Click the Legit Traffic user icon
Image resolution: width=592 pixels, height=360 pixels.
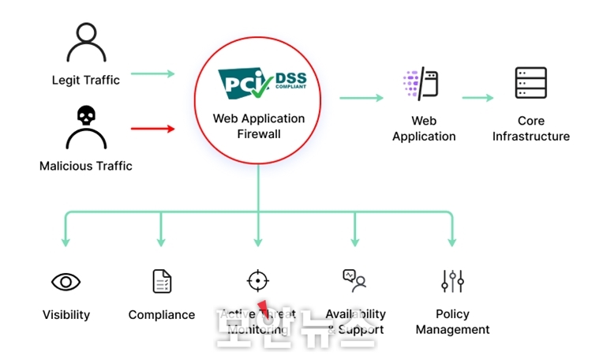86,44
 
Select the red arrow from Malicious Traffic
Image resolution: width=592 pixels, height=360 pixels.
152,128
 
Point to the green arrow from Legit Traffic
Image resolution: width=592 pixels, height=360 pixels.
152,74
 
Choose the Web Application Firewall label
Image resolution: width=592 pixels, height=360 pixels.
258,126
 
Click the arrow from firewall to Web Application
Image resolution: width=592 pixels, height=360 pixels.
362,98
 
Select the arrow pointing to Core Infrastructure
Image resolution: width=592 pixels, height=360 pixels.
478,98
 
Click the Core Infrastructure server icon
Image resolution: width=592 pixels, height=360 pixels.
531,83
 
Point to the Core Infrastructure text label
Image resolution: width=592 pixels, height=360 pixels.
531,129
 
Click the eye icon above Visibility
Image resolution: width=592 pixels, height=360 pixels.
66,282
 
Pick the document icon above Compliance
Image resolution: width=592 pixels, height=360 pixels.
162,281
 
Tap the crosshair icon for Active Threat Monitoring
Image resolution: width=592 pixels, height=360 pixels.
258,281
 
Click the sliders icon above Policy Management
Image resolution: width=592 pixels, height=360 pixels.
452,280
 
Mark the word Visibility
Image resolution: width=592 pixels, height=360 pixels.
66,315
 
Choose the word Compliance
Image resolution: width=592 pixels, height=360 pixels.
162,315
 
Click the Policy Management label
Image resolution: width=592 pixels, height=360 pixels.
453,322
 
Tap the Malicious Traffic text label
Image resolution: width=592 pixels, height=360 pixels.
86,167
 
